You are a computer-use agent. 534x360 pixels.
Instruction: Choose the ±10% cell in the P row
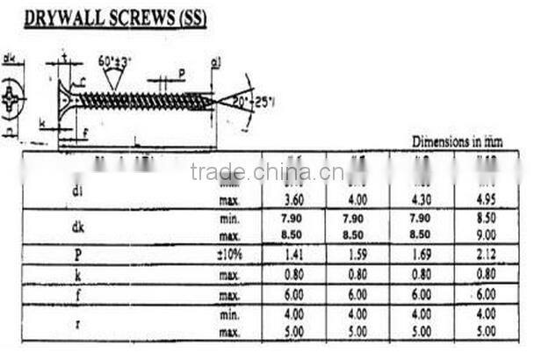coord(230,255)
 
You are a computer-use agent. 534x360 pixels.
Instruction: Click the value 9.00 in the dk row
coord(485,235)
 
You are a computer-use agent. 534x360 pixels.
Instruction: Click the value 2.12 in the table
coord(485,255)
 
